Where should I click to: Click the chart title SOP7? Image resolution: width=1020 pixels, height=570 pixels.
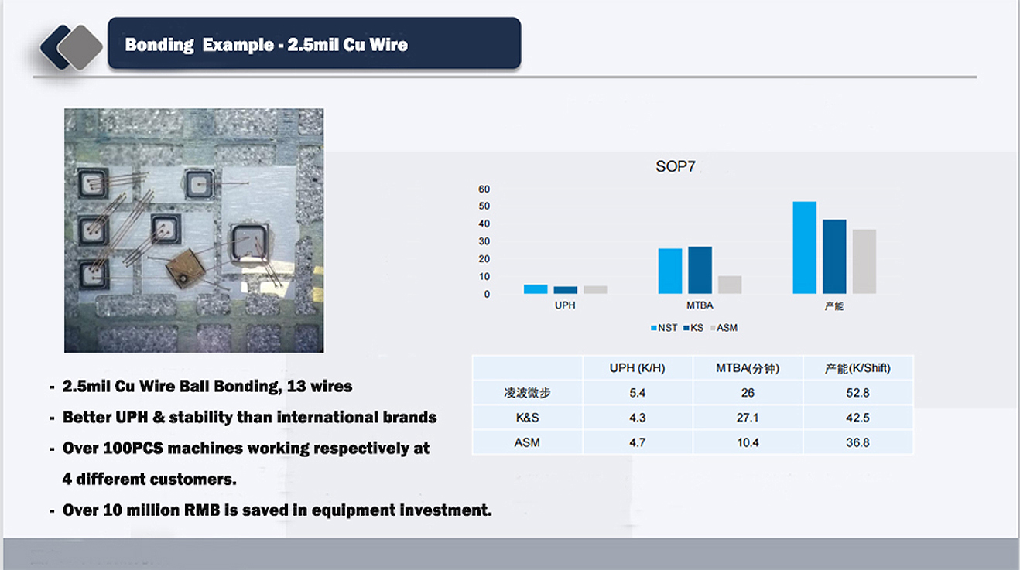tap(676, 166)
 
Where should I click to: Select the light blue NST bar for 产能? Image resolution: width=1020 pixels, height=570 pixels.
tap(805, 247)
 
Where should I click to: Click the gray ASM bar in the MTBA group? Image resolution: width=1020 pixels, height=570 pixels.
tap(730, 285)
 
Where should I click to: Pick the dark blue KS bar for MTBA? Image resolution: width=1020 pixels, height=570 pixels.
tap(700, 270)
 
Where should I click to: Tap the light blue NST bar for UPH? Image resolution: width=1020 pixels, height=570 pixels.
tap(536, 288)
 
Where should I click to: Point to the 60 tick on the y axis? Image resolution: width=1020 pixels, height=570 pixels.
tap(484, 189)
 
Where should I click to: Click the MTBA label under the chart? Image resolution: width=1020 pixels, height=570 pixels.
tap(700, 305)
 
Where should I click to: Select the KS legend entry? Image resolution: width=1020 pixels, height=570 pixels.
tap(693, 327)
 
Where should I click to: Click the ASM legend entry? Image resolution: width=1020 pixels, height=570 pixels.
tap(724, 327)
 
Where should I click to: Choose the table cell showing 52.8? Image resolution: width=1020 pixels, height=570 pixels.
tap(858, 393)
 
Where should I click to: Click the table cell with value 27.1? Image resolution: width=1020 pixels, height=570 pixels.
tap(748, 418)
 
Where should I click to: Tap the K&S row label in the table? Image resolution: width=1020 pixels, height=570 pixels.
tap(527, 418)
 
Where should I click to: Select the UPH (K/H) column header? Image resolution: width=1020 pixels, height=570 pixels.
tap(638, 368)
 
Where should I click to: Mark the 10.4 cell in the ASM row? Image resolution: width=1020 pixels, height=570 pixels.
tap(748, 442)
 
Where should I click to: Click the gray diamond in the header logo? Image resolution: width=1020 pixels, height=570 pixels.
tap(80, 47)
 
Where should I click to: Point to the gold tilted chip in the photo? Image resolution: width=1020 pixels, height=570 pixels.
tap(186, 268)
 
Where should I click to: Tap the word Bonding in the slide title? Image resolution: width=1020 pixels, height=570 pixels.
tap(159, 45)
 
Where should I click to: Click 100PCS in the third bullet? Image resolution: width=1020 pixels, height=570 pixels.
tap(133, 448)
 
